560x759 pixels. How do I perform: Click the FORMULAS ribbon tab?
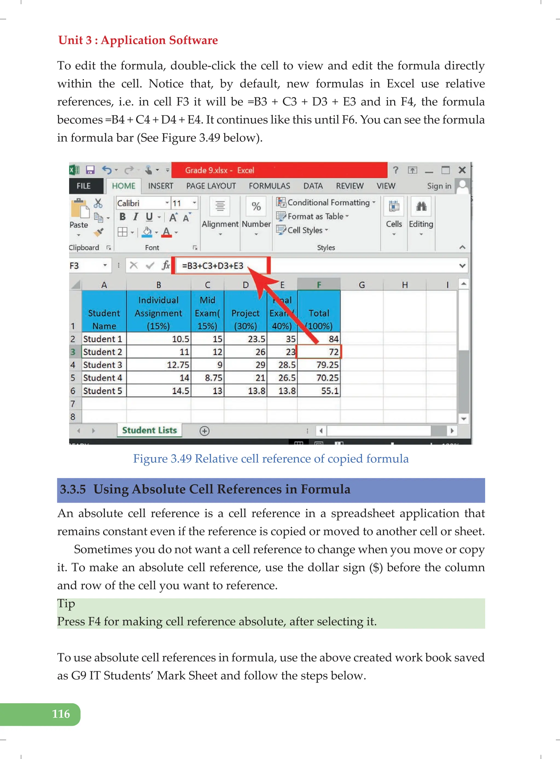tap(269, 186)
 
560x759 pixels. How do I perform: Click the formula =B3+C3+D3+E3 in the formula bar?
tap(212, 266)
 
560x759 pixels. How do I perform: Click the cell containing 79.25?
tap(319, 365)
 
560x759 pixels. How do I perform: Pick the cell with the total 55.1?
tap(319, 391)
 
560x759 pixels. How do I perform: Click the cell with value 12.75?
tap(159, 365)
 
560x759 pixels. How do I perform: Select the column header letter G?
tap(362, 285)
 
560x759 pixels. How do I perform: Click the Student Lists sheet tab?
tap(150, 431)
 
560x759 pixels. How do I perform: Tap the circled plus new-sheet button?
tap(205, 431)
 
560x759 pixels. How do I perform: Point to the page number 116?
tap(61, 714)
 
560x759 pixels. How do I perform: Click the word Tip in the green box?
tap(66, 604)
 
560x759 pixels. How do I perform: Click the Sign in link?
tap(439, 186)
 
